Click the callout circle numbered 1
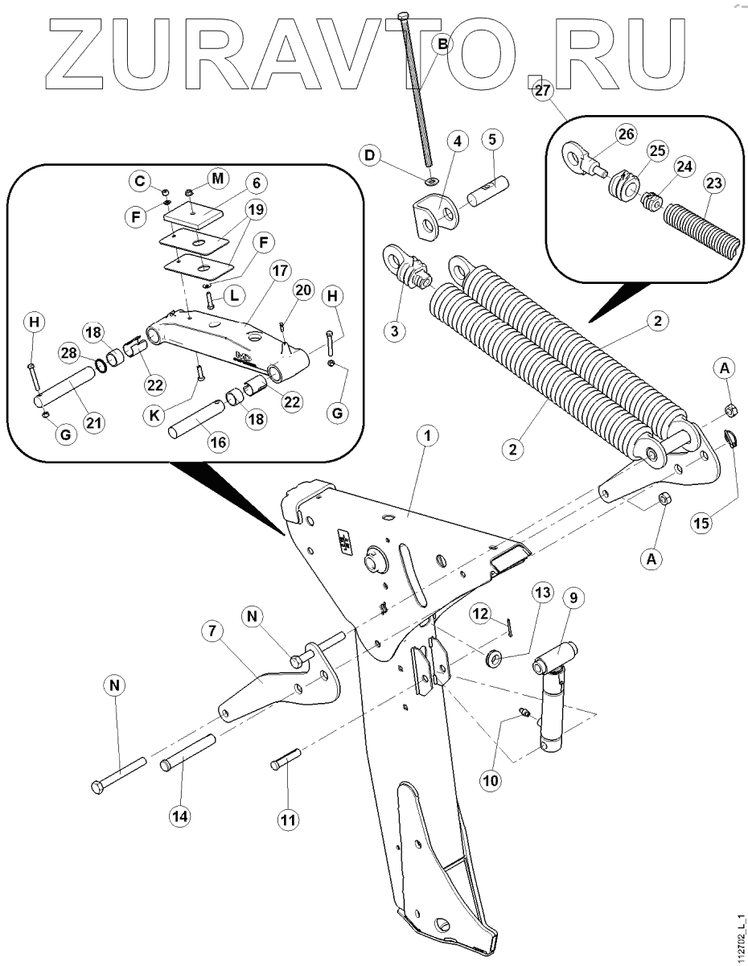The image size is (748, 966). point(428,435)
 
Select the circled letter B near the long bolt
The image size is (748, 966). point(442,45)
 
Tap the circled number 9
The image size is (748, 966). point(576,598)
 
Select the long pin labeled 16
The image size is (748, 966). point(192,421)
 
